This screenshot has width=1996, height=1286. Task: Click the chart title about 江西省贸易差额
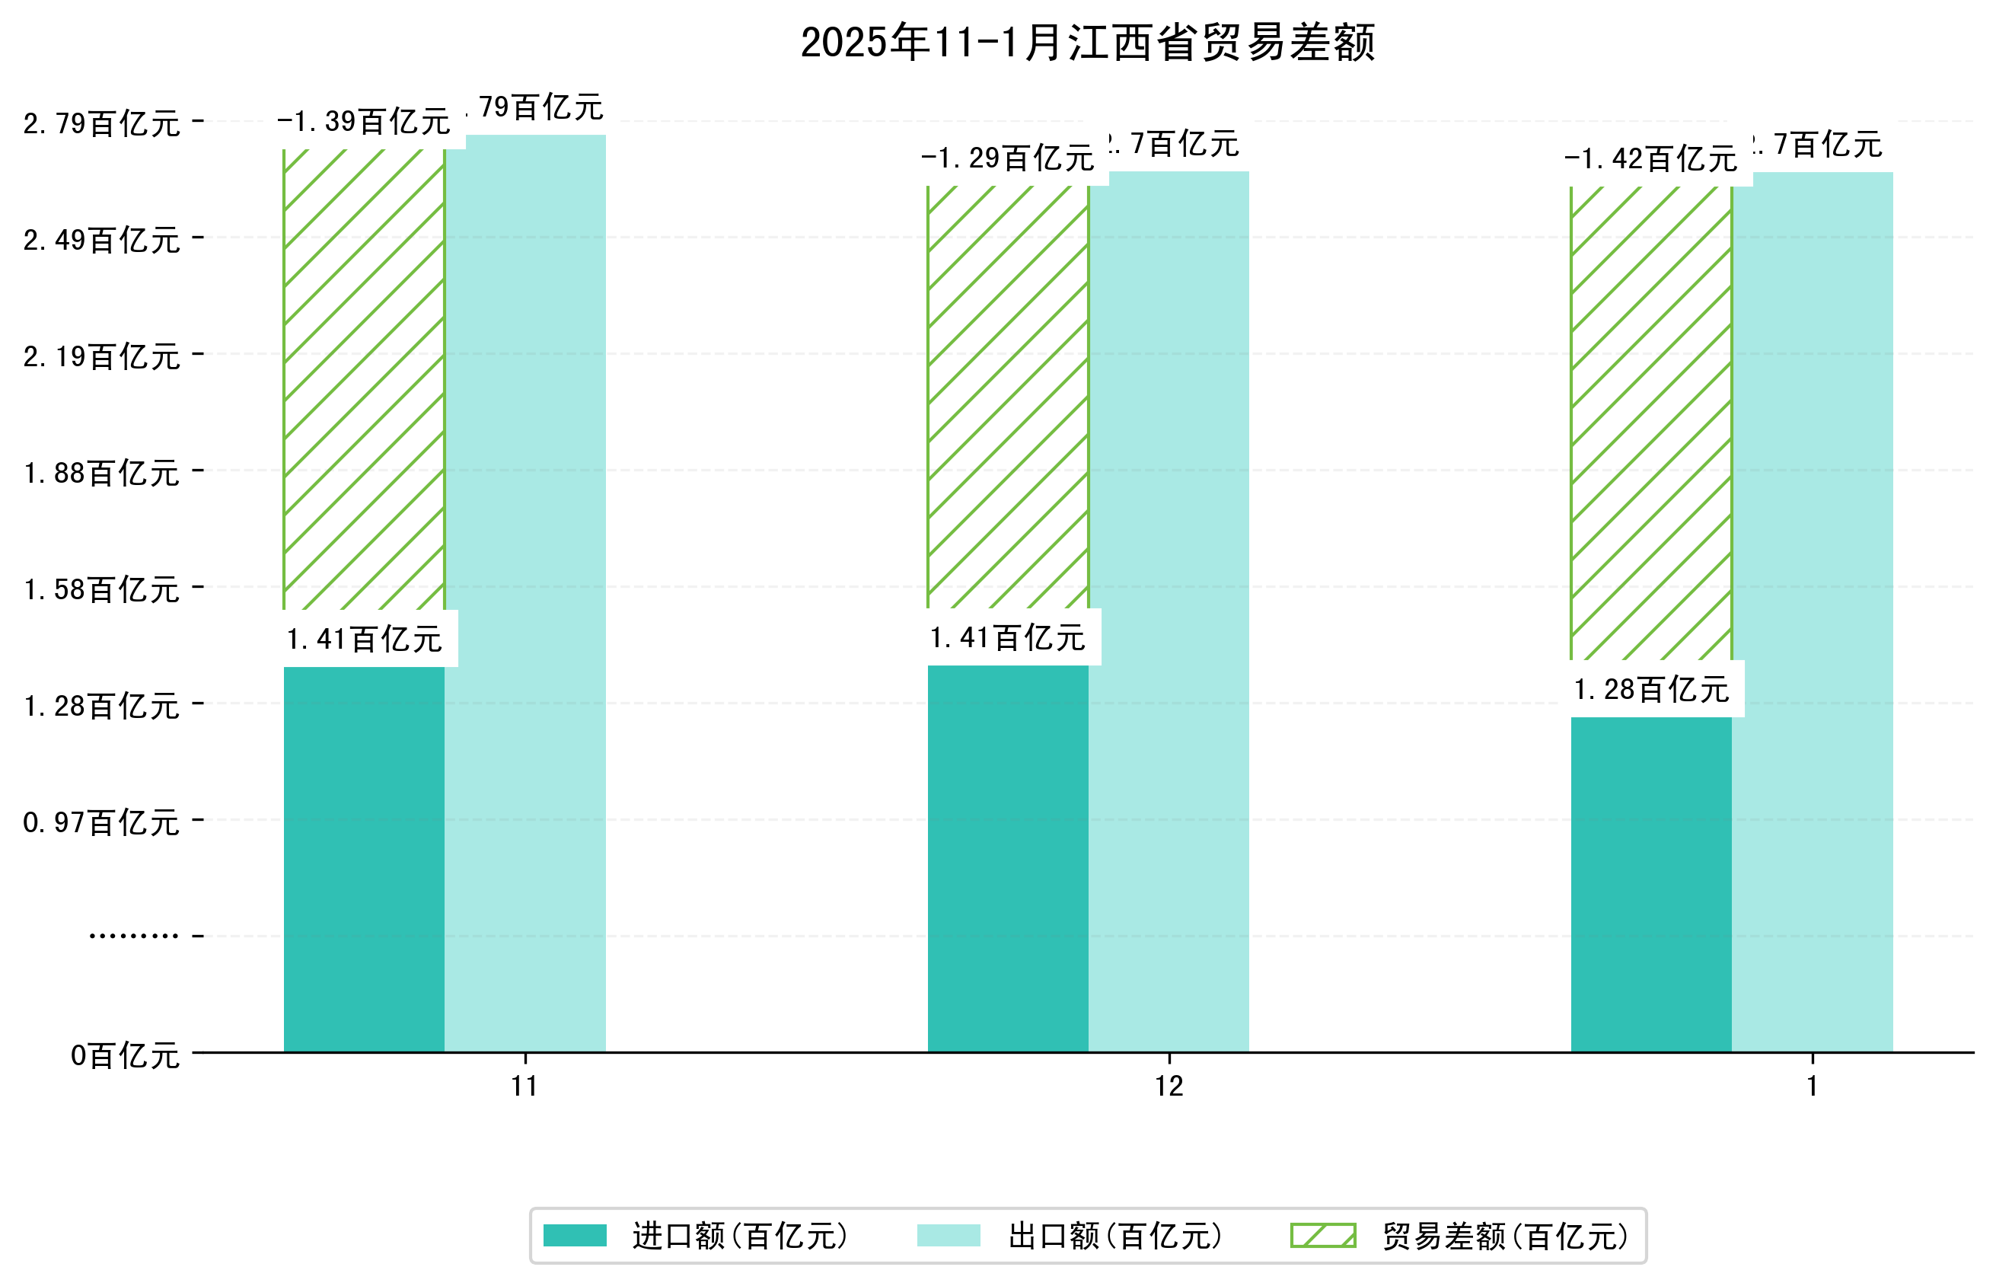pyautogui.click(x=1087, y=43)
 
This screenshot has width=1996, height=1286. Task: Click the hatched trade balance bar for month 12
pyautogui.click(x=1008, y=397)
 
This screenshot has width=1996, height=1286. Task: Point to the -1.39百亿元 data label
pyautogui.click(x=364, y=122)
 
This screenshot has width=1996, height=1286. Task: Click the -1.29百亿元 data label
pyautogui.click(x=1008, y=158)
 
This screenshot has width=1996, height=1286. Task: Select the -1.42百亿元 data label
pyautogui.click(x=1650, y=158)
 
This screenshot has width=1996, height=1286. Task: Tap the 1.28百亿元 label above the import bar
pyautogui.click(x=1650, y=690)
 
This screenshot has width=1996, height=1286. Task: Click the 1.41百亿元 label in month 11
pyautogui.click(x=364, y=640)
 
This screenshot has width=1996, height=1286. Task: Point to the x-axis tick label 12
pyautogui.click(x=1169, y=1087)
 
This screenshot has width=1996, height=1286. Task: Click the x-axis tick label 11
pyautogui.click(x=525, y=1087)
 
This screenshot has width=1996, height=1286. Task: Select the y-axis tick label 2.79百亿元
pyautogui.click(x=102, y=123)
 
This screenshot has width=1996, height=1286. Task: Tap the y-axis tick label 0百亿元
pyautogui.click(x=125, y=1055)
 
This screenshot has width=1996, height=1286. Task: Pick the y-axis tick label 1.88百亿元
pyautogui.click(x=102, y=474)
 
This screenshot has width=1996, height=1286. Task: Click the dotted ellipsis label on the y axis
pyautogui.click(x=133, y=936)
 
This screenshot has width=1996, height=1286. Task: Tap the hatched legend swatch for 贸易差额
pyautogui.click(x=1322, y=1236)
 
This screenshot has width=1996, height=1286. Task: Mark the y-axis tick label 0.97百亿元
pyautogui.click(x=102, y=822)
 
